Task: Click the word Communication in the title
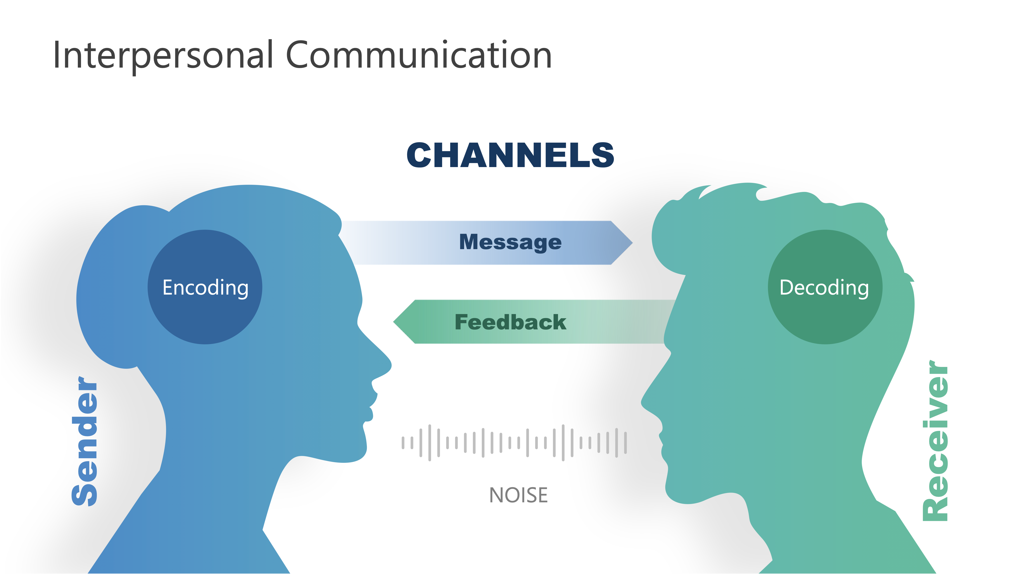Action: [x=418, y=55]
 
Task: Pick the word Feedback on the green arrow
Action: [x=510, y=322]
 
